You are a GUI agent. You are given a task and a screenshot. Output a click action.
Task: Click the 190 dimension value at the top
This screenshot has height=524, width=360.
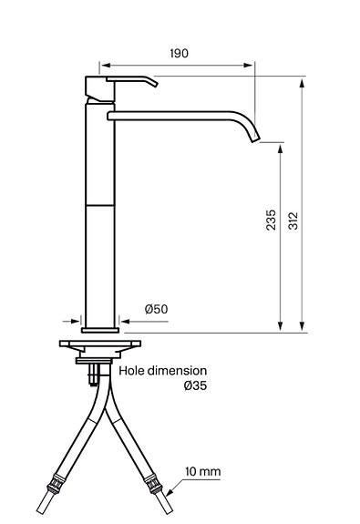[x=179, y=54]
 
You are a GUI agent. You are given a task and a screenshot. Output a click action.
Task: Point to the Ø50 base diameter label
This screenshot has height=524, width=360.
[x=156, y=309]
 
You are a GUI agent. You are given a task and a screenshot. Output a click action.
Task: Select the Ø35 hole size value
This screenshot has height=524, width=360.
[x=196, y=385]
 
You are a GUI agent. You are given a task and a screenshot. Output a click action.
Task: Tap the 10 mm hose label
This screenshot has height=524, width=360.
[x=202, y=472]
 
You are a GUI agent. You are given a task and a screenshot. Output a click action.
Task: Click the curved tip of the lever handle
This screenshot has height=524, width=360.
[x=152, y=85]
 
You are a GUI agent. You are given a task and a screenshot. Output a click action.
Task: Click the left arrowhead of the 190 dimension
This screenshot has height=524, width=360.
[x=104, y=66]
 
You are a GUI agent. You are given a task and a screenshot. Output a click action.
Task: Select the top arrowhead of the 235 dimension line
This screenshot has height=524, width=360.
[x=279, y=146]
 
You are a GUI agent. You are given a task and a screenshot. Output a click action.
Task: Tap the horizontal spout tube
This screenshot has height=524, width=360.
[x=173, y=115]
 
